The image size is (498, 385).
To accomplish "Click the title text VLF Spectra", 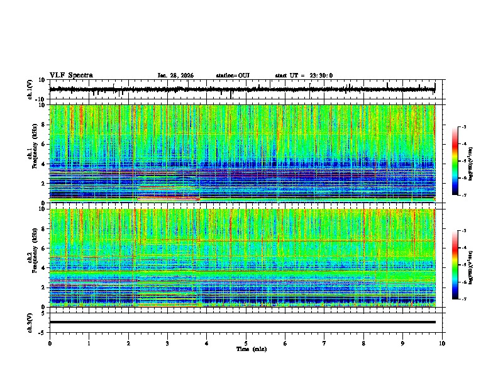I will point(71,75).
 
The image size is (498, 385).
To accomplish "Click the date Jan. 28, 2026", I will point(175,75).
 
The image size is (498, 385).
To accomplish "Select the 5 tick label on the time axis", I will point(246,343).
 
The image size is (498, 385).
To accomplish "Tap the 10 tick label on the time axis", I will point(442,343).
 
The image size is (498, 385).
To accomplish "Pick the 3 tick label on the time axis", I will point(167,343).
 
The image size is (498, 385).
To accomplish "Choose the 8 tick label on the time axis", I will point(363,343).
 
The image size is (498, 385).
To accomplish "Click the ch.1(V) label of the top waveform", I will point(30,90).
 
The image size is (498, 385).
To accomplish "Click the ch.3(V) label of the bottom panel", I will point(30,321).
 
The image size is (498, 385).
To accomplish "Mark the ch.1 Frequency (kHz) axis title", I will point(30,153).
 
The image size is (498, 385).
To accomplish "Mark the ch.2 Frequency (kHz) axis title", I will point(30,257).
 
